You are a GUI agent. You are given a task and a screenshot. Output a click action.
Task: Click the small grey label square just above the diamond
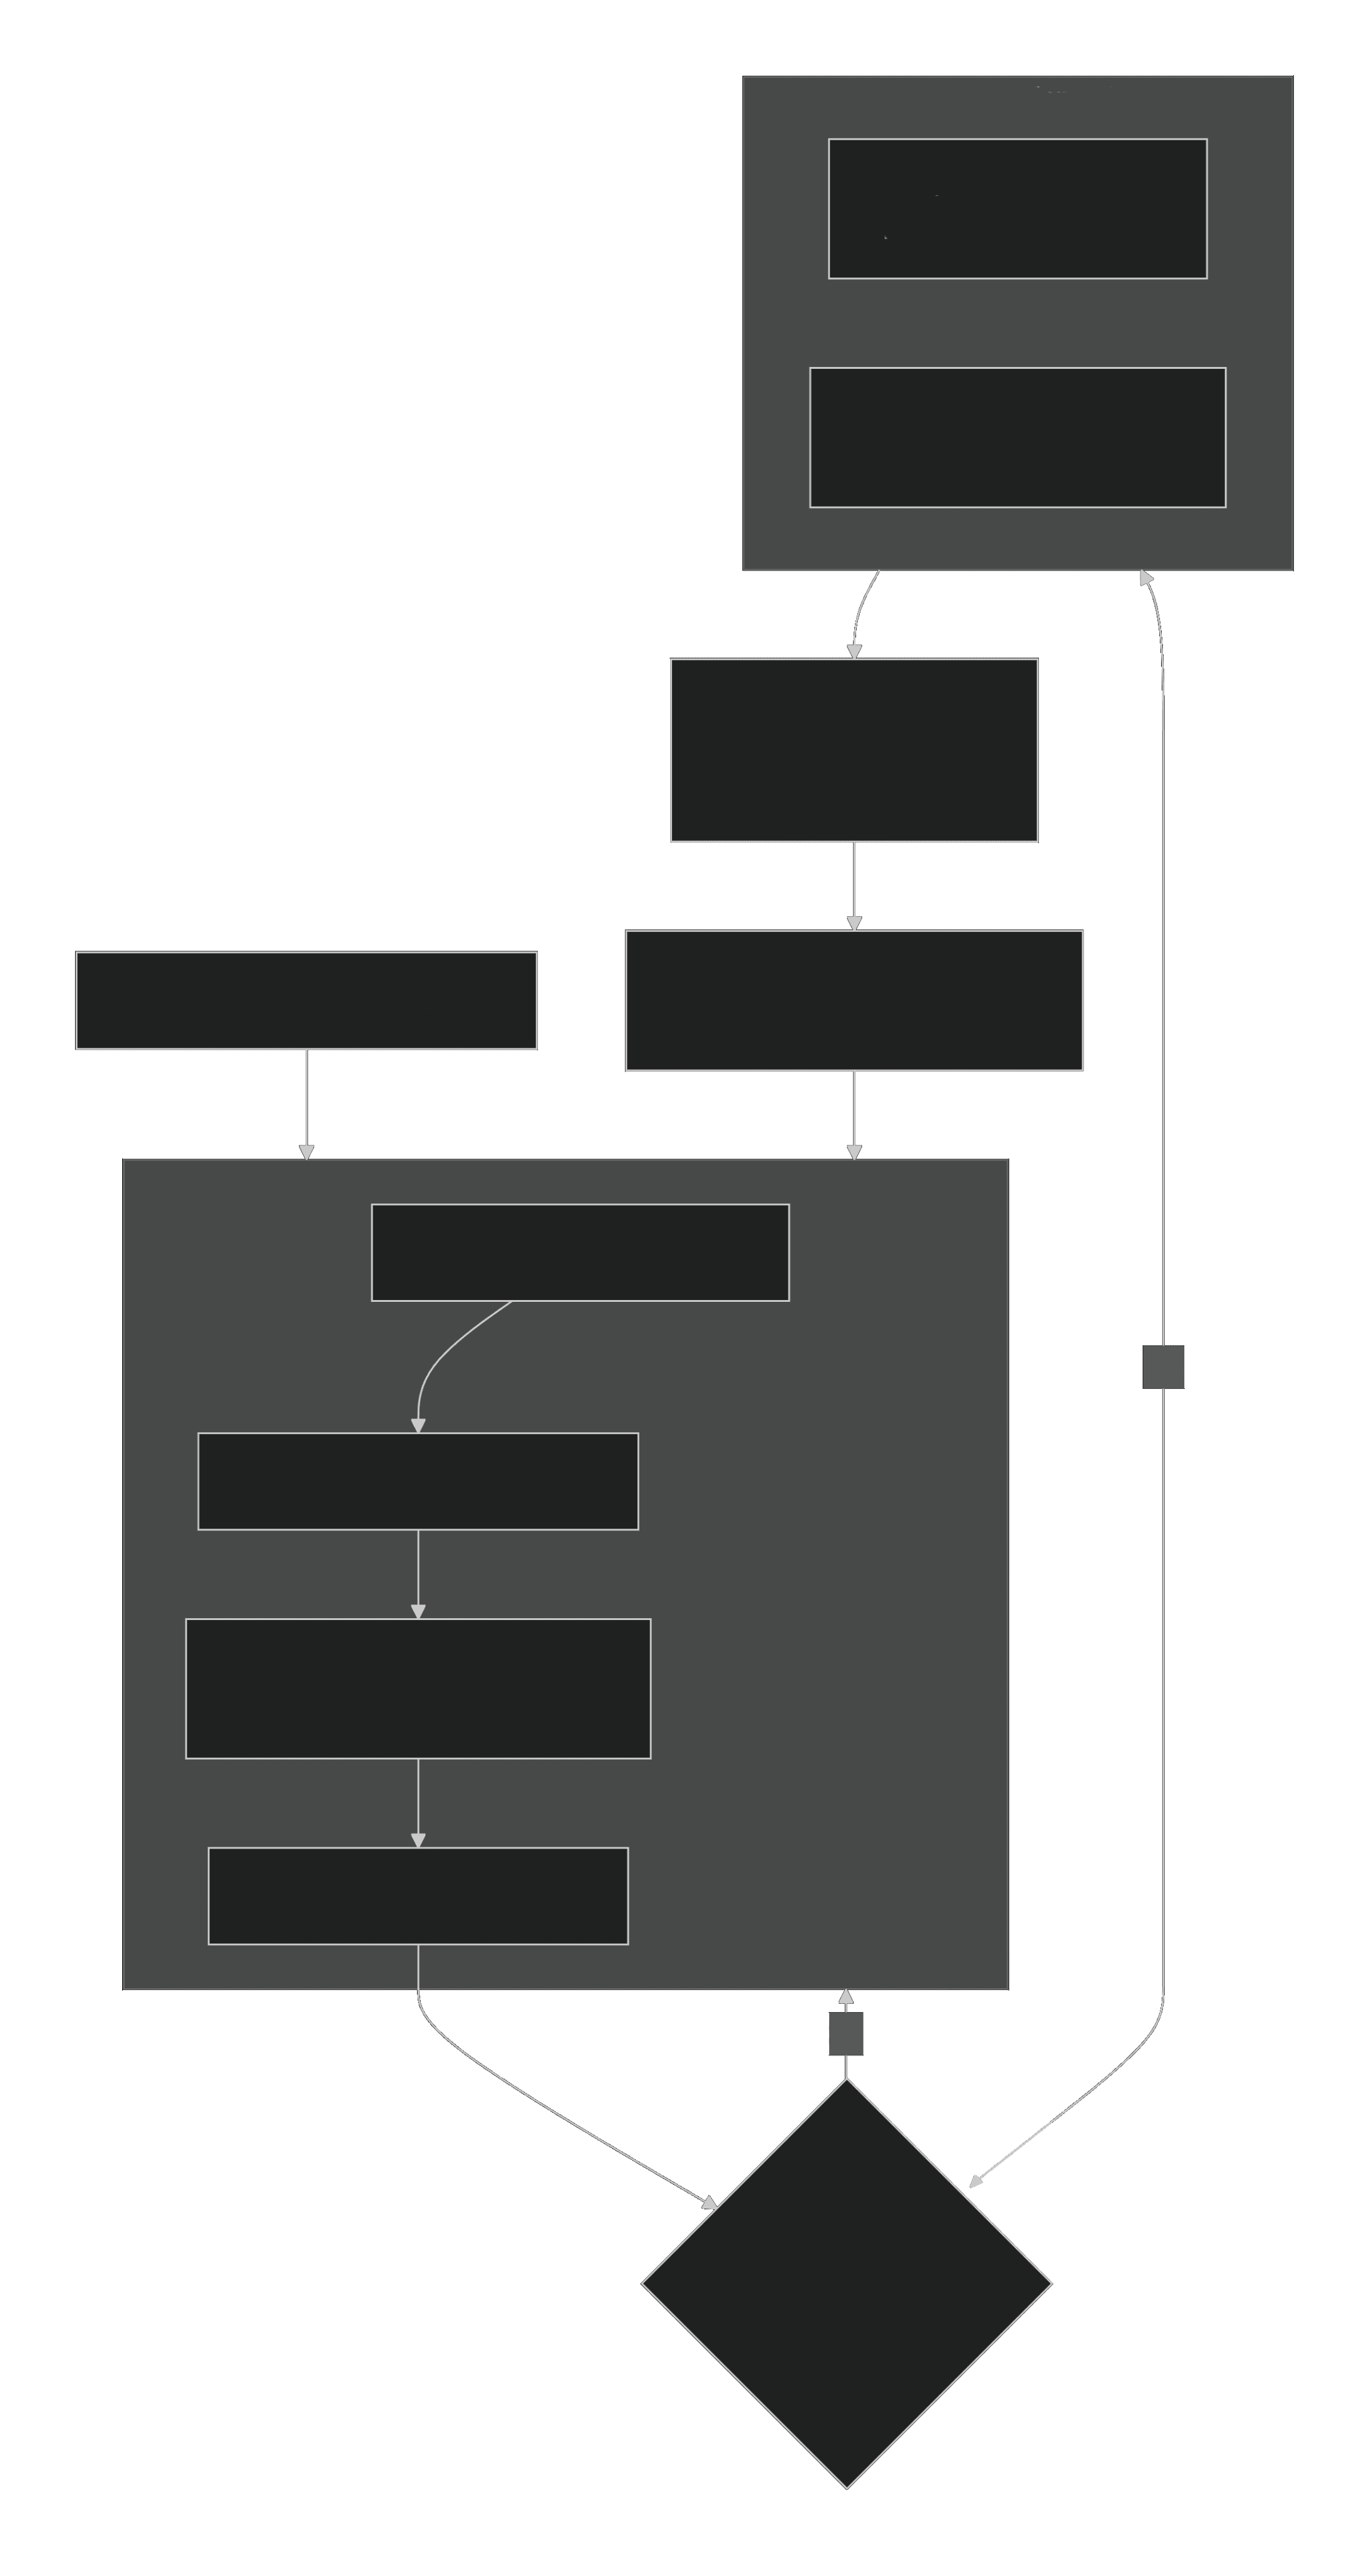tap(846, 2033)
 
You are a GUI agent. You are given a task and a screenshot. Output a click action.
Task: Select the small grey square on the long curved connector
tap(1163, 1366)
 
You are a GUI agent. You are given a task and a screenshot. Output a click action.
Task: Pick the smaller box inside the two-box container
tap(1018, 209)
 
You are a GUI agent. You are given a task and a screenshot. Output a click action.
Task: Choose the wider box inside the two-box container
tap(1018, 437)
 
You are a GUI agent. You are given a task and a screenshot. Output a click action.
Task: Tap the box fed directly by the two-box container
tap(854, 750)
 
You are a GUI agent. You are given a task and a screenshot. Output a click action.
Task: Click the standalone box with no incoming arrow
tap(307, 999)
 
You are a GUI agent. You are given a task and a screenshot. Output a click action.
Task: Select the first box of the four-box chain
tap(581, 1252)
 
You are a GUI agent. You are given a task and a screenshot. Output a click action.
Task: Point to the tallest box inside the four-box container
tap(418, 1689)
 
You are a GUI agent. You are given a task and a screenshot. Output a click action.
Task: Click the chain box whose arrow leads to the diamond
tap(418, 1896)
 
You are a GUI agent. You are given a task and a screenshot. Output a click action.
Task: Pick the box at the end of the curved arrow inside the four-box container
tap(418, 1480)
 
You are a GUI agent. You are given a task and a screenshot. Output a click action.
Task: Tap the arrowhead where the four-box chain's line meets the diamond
tap(709, 2204)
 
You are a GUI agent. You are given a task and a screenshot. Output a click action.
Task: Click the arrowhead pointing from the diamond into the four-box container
tap(846, 1995)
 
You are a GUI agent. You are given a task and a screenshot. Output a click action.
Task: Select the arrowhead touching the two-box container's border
tap(1146, 577)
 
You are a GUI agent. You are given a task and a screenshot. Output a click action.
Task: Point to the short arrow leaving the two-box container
tap(858, 612)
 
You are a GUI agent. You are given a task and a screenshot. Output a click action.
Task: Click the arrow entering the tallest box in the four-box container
tap(418, 1573)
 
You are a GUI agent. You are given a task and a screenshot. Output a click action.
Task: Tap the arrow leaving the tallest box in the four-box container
tap(418, 1802)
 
